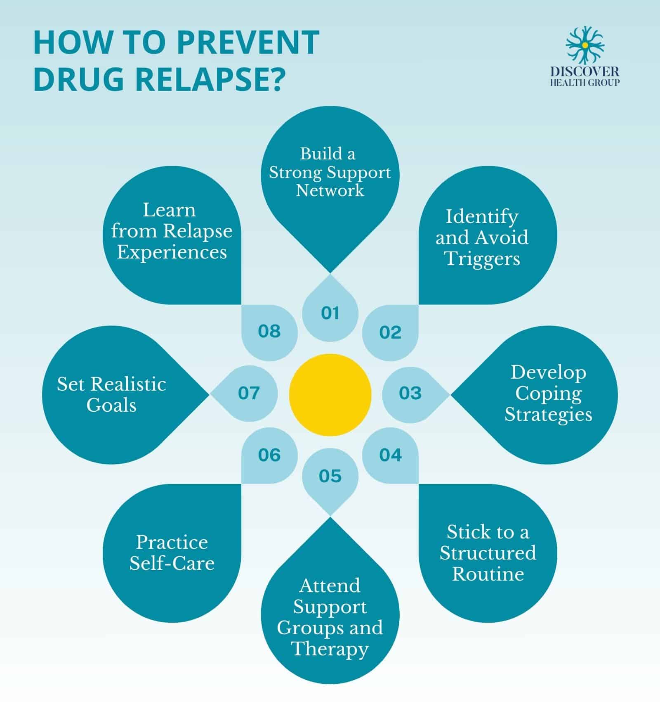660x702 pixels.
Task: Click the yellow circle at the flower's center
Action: click(x=330, y=395)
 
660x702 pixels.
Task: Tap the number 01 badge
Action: click(x=330, y=313)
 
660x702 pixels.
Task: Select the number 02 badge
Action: click(x=390, y=332)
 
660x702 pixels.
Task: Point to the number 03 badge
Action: click(x=410, y=393)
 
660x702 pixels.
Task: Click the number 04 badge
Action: click(x=390, y=455)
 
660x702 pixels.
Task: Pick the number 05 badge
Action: click(x=330, y=476)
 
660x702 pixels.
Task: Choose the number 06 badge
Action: click(x=269, y=455)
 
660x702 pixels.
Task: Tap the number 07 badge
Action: click(x=249, y=393)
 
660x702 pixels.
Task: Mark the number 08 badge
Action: click(x=269, y=331)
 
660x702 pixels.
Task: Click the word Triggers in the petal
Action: click(x=482, y=259)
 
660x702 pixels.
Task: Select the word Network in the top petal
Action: click(x=330, y=190)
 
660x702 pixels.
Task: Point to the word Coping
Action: click(x=548, y=393)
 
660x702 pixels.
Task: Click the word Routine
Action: click(x=488, y=574)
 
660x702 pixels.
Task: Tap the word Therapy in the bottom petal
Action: click(x=330, y=648)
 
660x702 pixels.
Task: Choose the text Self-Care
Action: click(x=172, y=563)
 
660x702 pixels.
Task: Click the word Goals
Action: click(x=111, y=405)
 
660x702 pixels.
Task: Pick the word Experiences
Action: click(x=172, y=252)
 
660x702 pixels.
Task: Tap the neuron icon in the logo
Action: click(x=585, y=44)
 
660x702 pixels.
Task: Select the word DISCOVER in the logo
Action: click(x=585, y=72)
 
